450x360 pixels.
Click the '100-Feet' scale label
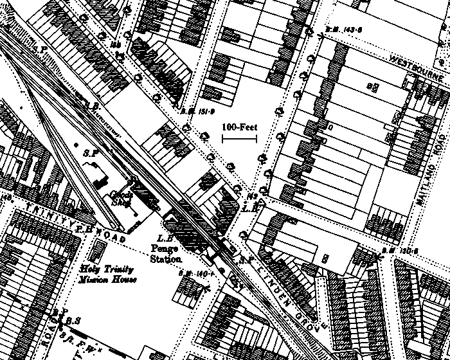[239, 127]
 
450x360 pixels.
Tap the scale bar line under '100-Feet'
[239, 138]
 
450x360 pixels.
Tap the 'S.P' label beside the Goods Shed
[91, 153]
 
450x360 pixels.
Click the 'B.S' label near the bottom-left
[72, 320]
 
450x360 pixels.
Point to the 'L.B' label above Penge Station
[250, 208]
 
